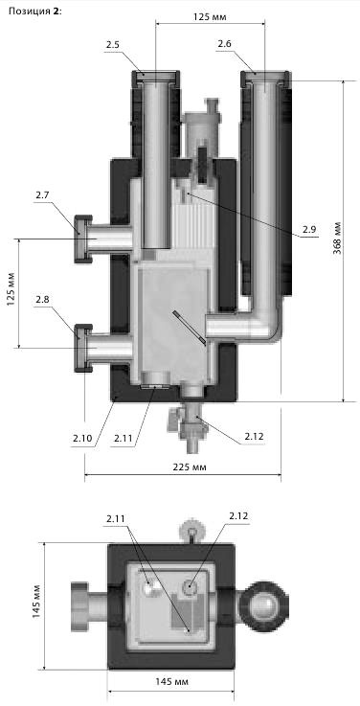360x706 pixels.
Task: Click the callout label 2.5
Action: [114, 45]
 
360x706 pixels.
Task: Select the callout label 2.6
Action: [224, 44]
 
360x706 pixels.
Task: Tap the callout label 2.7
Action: [43, 195]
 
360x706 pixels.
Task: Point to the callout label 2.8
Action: [43, 300]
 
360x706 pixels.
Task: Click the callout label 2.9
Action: [309, 229]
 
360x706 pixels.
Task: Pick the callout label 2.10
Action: [82, 438]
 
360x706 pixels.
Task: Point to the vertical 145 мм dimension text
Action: [36, 602]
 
